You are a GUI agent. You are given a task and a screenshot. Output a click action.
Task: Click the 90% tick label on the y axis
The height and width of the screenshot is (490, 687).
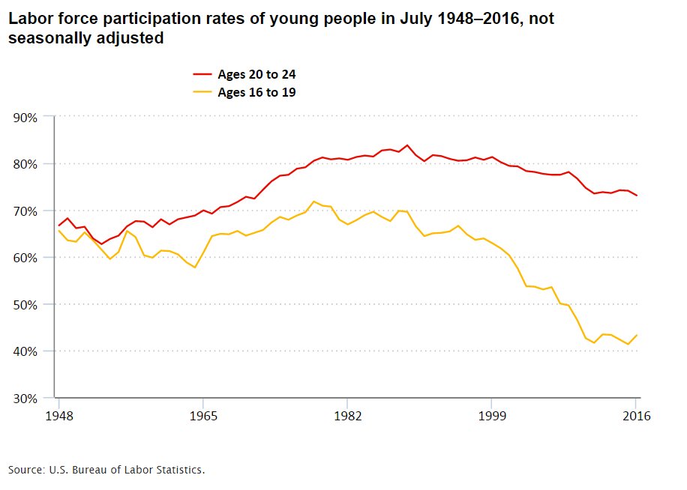point(25,117)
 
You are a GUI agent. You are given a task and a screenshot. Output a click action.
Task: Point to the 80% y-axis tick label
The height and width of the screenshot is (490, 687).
point(25,164)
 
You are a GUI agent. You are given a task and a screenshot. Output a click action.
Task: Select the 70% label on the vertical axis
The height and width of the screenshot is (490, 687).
point(25,211)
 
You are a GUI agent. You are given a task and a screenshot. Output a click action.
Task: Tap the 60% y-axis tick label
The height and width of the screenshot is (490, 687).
point(25,258)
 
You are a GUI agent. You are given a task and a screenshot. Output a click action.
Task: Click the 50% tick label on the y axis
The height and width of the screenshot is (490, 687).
point(25,304)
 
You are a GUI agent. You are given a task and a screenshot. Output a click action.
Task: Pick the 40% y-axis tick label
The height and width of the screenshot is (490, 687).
point(25,351)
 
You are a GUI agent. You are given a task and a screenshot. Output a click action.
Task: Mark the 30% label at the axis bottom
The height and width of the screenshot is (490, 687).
point(25,398)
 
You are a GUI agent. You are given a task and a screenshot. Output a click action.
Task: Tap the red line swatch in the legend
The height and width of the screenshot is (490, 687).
point(202,75)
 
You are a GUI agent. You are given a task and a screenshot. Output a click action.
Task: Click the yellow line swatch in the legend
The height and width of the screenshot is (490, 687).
point(202,93)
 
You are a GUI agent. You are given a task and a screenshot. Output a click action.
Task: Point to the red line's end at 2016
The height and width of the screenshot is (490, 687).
point(637,196)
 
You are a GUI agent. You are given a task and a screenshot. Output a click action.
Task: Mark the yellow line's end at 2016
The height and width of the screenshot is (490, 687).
point(637,335)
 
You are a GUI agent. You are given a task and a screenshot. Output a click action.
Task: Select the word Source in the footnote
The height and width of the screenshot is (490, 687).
point(25,470)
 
